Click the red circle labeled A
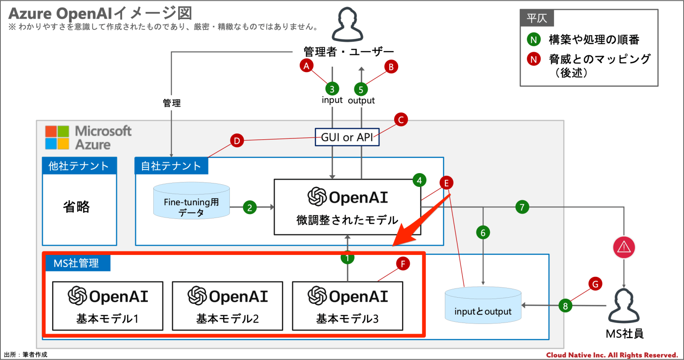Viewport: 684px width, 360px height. [x=306, y=66]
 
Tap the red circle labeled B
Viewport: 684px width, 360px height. [x=391, y=66]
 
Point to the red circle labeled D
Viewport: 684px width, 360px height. [x=237, y=141]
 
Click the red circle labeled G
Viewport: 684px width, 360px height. [x=595, y=283]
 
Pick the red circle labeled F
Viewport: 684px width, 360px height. [x=403, y=264]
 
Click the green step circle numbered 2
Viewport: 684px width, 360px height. [x=250, y=207]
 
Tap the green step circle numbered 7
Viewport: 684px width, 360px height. [x=522, y=207]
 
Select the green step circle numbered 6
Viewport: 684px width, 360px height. [x=483, y=232]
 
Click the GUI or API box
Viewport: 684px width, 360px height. [x=347, y=138]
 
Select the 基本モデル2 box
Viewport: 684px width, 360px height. [x=228, y=306]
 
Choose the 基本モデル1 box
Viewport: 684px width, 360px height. [x=107, y=306]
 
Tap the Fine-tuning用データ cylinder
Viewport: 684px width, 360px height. [x=191, y=202]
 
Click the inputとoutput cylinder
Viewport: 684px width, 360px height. [x=483, y=306]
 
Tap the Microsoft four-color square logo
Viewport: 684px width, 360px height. [x=57, y=138]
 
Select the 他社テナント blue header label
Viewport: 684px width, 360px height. [x=79, y=166]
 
